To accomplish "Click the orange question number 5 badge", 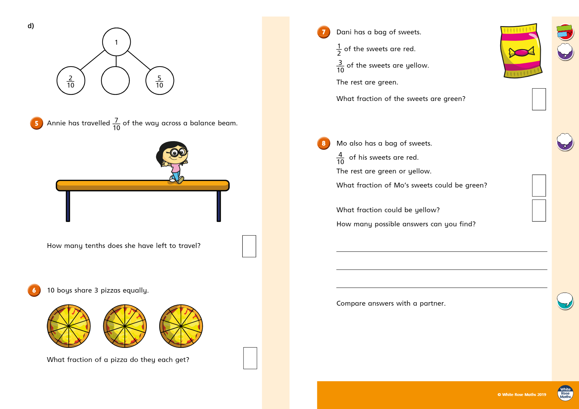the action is click(36, 123).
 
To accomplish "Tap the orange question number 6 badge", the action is click(34, 290).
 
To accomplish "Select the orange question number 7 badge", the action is click(324, 32).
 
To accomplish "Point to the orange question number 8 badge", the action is click(324, 143).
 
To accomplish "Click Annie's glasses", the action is click(178, 152).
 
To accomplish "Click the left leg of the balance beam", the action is click(68, 206).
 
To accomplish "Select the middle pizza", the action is click(125, 326).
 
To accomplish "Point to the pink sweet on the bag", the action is click(522, 53).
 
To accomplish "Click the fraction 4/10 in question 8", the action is click(340, 158).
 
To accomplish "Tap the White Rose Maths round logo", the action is click(565, 393).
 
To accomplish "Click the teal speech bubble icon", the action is click(565, 301).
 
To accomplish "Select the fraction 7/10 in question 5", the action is click(116, 124).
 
